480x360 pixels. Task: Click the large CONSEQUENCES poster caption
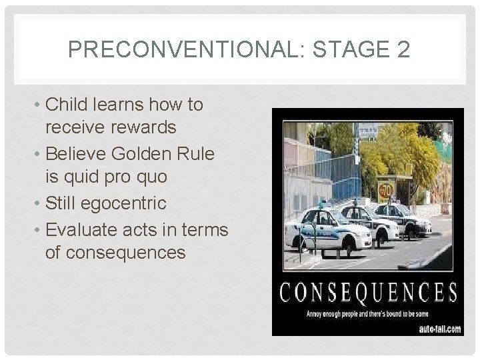(368, 293)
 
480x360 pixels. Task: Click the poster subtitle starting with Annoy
(367, 313)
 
